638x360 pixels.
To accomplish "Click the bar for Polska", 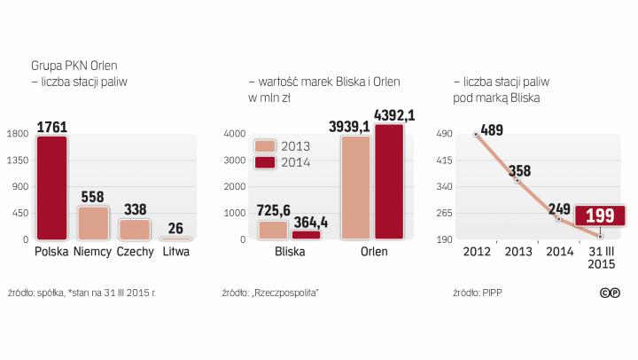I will click(x=51, y=187).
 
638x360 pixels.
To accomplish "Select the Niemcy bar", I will click(x=93, y=223).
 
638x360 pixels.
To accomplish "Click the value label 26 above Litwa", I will click(x=176, y=227).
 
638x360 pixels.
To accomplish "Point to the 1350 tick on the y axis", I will click(x=18, y=160).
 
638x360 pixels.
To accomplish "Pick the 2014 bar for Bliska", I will click(x=307, y=234).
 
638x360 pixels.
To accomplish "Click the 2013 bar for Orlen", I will click(x=356, y=187).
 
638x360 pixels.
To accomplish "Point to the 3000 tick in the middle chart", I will click(x=235, y=160).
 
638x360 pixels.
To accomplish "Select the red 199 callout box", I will click(x=600, y=217).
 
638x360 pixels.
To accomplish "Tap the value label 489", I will click(x=492, y=130).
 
